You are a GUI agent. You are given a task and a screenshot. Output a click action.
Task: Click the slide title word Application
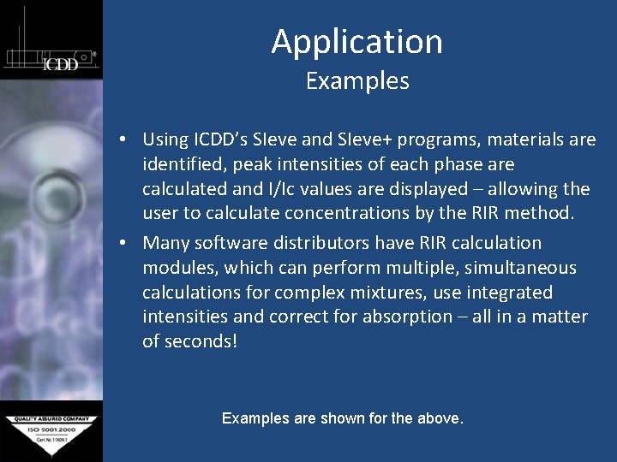[356, 42]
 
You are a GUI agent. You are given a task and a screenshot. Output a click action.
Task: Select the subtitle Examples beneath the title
[356, 81]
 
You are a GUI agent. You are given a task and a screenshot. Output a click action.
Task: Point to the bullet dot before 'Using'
[125, 139]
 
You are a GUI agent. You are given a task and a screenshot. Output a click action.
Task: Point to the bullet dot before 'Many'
[125, 244]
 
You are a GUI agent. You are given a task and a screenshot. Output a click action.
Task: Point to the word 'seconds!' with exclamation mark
[201, 341]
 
